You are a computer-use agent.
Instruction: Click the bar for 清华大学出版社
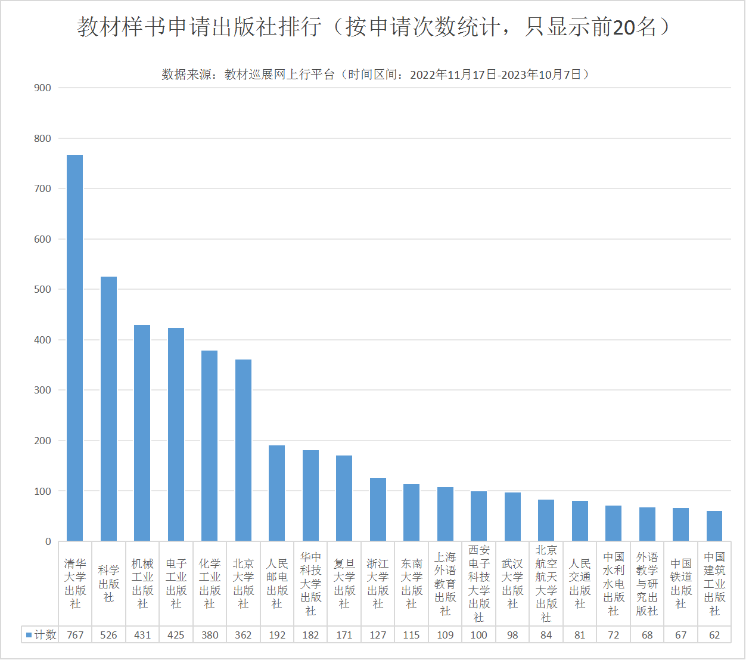75,348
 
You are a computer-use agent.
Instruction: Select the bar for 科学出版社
108,409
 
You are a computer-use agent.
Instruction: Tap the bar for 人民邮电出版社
277,493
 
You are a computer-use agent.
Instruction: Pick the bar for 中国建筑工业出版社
714,526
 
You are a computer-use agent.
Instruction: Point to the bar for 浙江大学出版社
378,510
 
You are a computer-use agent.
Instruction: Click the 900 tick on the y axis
43,88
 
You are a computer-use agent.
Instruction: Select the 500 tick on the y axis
43,289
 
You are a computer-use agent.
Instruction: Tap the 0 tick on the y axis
48,541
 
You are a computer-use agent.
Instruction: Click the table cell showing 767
75,635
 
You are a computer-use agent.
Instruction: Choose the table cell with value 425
176,635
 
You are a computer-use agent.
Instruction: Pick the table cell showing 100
478,635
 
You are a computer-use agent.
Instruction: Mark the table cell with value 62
714,635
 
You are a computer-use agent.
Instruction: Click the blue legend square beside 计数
29,635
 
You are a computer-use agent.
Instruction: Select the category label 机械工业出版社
142,584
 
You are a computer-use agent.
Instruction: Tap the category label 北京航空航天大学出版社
546,584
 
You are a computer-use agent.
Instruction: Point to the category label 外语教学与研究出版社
647,584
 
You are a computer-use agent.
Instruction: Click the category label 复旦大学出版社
344,584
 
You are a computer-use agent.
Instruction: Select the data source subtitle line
375,75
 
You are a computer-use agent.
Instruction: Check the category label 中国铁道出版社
680,584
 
